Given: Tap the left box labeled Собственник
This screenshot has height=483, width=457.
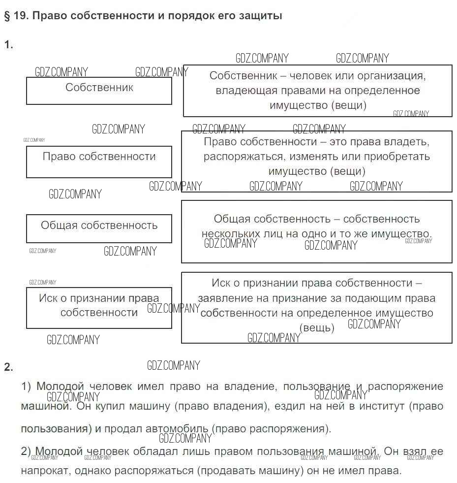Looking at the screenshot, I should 99,90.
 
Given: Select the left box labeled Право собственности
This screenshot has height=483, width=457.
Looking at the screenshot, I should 99,161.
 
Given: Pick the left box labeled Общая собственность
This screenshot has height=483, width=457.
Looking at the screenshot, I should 99,228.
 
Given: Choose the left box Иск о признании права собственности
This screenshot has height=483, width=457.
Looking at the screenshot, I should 99,307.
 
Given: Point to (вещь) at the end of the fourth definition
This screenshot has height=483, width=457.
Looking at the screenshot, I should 316,328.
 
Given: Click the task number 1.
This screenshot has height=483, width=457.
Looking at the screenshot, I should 8,45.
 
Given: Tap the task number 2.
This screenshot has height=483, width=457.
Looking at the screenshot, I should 8,367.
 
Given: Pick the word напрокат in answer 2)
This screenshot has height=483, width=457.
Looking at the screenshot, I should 42,471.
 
